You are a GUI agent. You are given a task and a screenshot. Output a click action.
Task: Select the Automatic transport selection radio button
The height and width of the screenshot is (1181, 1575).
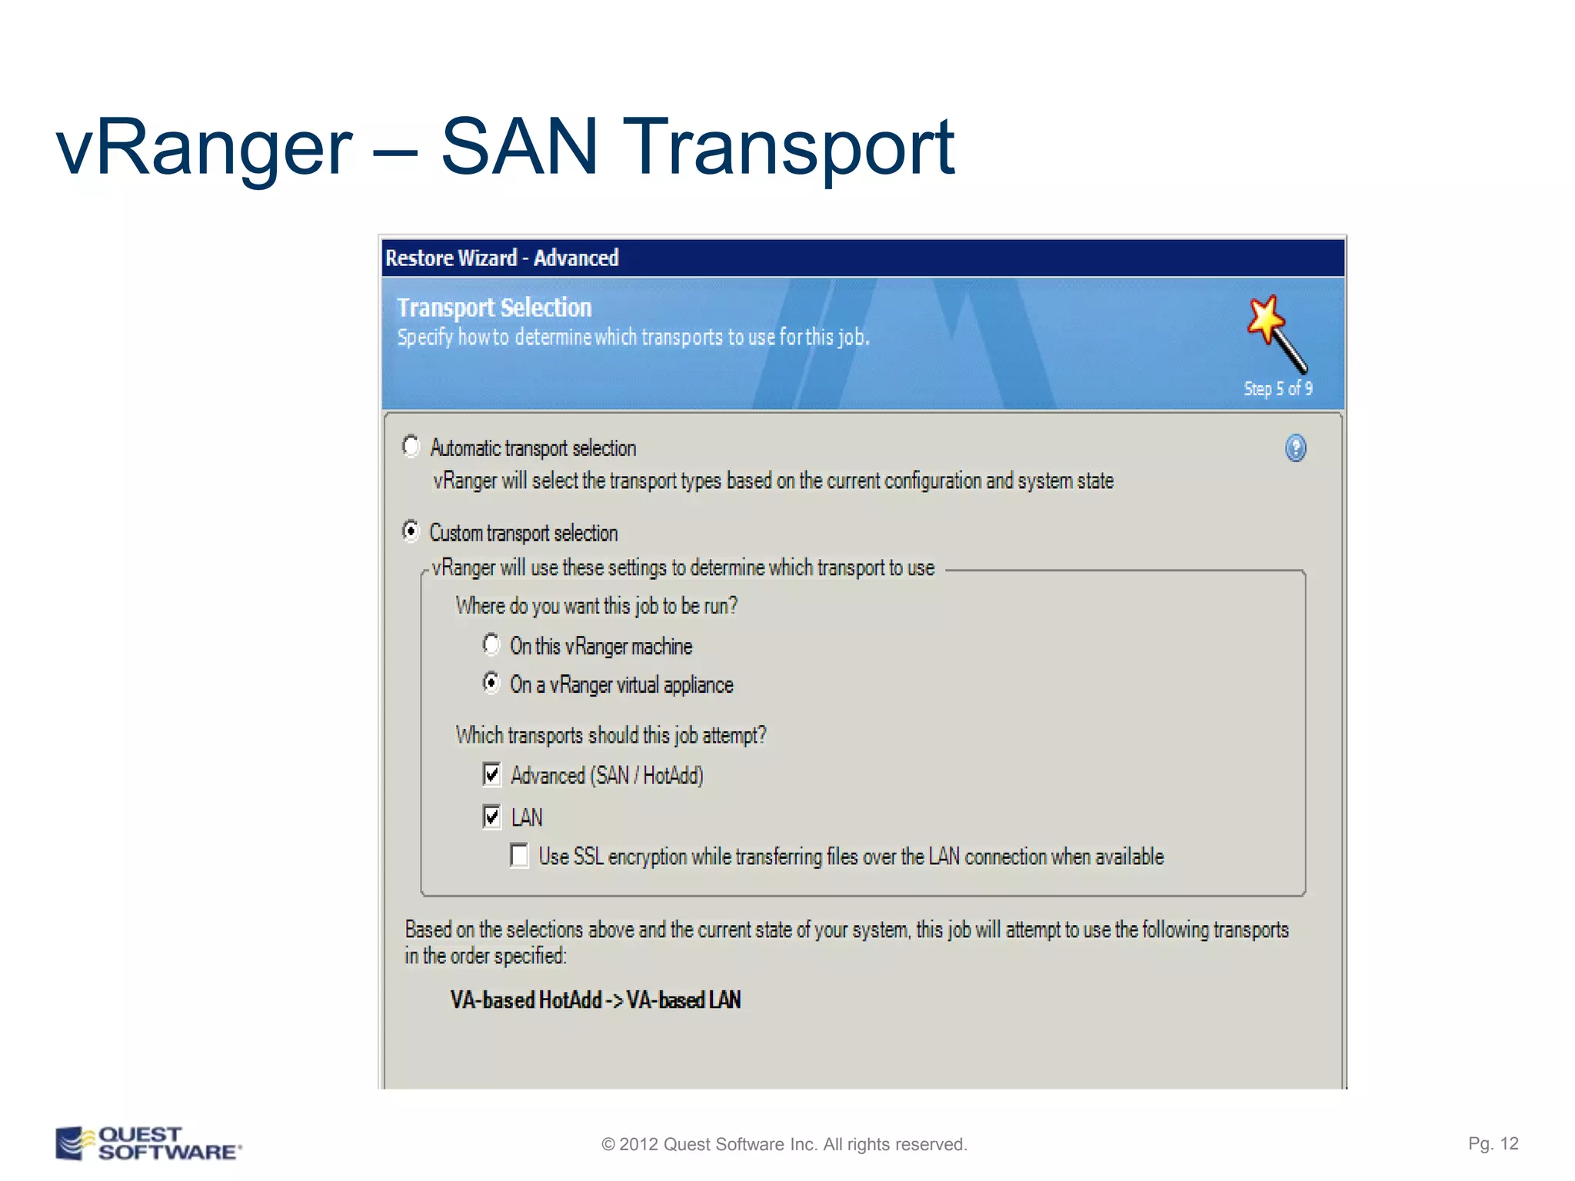[x=411, y=447]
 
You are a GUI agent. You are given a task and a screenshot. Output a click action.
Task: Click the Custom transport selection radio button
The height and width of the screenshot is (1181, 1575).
[x=411, y=531]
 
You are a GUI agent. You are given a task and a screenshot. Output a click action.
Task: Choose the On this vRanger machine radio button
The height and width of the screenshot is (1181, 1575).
[x=491, y=644]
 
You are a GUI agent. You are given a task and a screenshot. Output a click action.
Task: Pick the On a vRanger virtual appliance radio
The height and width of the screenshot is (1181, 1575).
[x=491, y=683]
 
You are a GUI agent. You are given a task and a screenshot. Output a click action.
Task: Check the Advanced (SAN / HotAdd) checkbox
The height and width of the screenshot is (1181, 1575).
[x=492, y=774]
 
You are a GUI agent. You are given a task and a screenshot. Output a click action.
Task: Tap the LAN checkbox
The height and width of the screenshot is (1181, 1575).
[x=492, y=817]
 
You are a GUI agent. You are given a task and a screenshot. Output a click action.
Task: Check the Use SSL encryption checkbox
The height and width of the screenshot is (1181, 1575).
[x=520, y=856]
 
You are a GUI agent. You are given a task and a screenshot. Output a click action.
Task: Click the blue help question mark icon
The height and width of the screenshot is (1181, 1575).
[x=1295, y=447]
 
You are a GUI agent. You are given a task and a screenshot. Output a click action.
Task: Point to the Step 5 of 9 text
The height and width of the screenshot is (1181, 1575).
[x=1277, y=389]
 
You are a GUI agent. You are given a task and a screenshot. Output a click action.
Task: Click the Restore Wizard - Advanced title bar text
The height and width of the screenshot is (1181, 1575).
[x=501, y=258]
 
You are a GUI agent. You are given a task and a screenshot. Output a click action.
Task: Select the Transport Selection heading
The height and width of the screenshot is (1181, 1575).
[x=494, y=308]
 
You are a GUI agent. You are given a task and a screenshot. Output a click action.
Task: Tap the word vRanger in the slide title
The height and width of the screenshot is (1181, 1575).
[x=204, y=148]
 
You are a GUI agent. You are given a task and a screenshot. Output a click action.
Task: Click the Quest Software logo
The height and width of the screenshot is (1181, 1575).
[x=148, y=1143]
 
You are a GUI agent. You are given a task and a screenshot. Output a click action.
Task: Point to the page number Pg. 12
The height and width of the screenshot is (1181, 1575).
[x=1493, y=1143]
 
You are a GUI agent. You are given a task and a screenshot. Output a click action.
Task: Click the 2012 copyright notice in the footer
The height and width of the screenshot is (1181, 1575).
[x=784, y=1144]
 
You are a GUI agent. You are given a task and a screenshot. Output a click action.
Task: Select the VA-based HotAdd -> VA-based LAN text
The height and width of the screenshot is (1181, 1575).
[x=595, y=1000]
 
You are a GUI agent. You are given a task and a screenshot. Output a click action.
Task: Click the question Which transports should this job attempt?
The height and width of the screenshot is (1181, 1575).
[x=611, y=735]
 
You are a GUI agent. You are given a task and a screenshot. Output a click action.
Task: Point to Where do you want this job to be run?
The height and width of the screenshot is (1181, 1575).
[x=596, y=606]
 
